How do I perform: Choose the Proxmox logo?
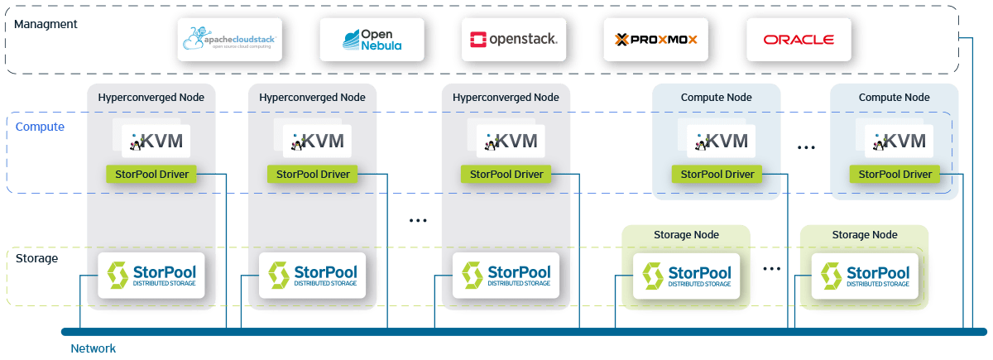pos(655,39)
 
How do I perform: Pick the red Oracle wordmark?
pos(798,39)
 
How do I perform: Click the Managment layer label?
pos(46,24)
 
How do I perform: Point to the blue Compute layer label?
pos(41,127)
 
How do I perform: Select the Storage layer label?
pos(37,258)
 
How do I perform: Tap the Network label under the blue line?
pos(93,348)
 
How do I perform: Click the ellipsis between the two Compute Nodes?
pos(806,147)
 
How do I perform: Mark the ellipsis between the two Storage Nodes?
pos(771,269)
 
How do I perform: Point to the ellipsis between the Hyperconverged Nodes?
pos(419,220)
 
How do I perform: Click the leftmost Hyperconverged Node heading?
pos(151,97)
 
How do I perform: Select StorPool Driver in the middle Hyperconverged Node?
pos(313,174)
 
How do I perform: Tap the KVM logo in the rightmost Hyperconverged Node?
pos(506,142)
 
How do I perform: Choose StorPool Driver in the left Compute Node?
pos(717,174)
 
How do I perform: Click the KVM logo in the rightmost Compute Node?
pos(897,142)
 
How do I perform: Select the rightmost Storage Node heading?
pos(864,234)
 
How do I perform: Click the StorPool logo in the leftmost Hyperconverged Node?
pos(151,276)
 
